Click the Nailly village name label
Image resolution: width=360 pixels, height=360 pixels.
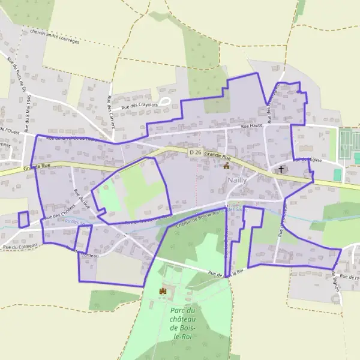[x=235, y=180]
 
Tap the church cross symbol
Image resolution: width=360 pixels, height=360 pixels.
[x=280, y=170]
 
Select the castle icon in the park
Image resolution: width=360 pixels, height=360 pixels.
[x=162, y=291]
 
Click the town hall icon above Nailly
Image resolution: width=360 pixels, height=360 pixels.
[x=226, y=166]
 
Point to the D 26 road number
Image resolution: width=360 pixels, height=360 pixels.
[x=195, y=153]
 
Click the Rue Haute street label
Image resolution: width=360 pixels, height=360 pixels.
[x=253, y=127]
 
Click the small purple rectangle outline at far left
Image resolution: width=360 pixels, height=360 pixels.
[x=23, y=219]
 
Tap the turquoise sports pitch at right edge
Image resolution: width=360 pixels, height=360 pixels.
[x=337, y=174]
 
